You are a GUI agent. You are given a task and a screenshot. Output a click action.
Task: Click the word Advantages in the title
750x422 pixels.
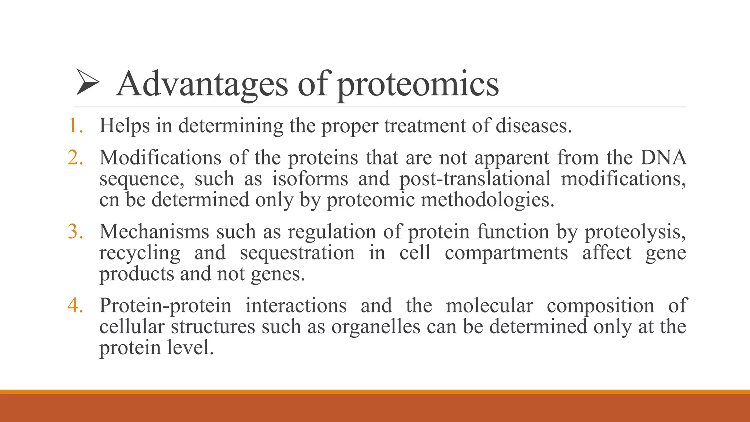[x=202, y=84]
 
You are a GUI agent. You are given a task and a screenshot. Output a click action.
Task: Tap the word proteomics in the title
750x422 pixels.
[x=418, y=85]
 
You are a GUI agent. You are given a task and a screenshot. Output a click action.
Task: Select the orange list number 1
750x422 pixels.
[x=75, y=126]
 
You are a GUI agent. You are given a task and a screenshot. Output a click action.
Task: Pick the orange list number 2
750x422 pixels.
[x=75, y=158]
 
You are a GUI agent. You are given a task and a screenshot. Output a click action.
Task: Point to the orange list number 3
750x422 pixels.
[x=75, y=232]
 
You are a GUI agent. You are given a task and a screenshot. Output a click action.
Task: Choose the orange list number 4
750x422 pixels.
[x=75, y=305]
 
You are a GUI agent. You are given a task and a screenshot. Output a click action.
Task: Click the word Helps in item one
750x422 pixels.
[x=125, y=126]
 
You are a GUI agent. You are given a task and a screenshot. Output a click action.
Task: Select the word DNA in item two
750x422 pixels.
[x=663, y=158]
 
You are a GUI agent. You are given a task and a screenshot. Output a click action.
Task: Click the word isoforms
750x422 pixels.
[x=310, y=179]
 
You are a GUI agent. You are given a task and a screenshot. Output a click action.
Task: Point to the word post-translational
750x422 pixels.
[x=475, y=179]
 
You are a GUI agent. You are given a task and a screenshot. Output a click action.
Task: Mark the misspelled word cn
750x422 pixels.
[x=109, y=200]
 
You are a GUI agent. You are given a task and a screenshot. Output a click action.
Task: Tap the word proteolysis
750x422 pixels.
[x=635, y=232]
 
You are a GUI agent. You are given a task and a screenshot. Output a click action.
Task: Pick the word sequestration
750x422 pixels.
[x=297, y=253]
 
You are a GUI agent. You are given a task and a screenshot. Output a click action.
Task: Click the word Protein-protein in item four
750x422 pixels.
[x=165, y=306]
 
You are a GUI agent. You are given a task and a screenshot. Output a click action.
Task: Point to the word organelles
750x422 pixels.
[x=376, y=326]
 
